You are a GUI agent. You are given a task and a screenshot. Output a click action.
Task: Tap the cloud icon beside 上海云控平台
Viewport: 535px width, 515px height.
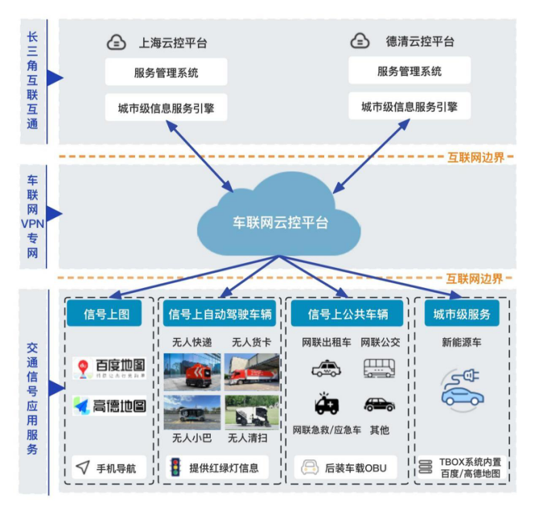pyautogui.click(x=117, y=42)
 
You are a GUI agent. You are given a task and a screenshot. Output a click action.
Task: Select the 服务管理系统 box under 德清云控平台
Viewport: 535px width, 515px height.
pyautogui.click(x=409, y=72)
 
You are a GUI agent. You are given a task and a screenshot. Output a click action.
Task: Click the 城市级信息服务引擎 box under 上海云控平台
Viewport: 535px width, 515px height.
pyautogui.click(x=167, y=107)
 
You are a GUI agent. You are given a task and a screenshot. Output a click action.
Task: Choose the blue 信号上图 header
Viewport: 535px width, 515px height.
pyautogui.click(x=108, y=313)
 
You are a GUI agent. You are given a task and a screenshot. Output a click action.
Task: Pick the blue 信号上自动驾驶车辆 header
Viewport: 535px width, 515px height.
pyautogui.click(x=221, y=313)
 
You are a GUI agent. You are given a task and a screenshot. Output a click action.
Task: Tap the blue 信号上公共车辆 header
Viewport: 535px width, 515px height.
pyautogui.click(x=348, y=313)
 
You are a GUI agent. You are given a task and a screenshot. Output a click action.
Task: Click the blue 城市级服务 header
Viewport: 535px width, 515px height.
pyautogui.click(x=462, y=313)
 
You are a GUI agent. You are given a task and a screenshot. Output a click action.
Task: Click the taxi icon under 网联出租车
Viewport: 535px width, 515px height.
pyautogui.click(x=326, y=369)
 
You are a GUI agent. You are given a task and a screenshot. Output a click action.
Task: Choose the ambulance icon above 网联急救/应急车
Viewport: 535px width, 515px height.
pyautogui.click(x=326, y=404)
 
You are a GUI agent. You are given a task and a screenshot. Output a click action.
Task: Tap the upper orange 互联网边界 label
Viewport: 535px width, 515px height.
pyautogui.click(x=475, y=157)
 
